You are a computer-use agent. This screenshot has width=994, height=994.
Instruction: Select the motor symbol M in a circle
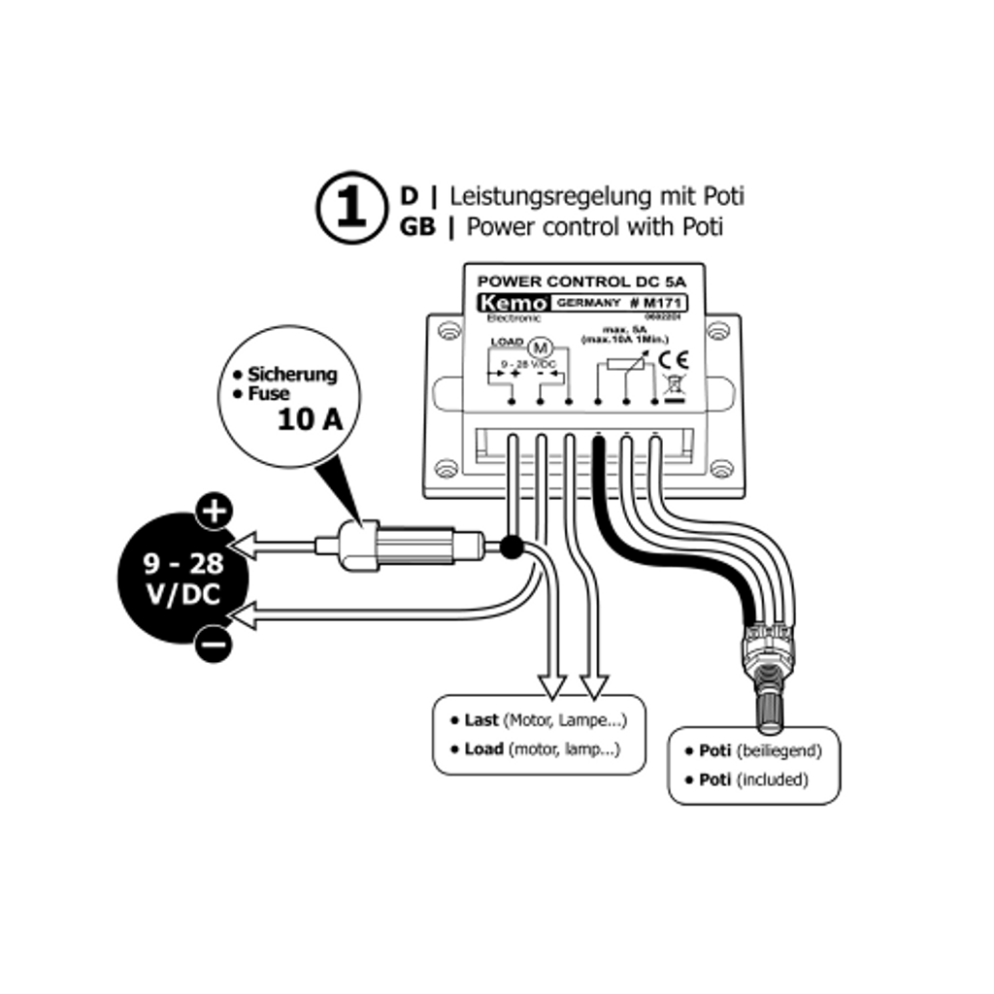tap(539, 346)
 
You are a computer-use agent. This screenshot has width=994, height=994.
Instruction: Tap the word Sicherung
tap(292, 374)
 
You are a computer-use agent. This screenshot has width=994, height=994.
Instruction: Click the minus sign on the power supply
tap(213, 643)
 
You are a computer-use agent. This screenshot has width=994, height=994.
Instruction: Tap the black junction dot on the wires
tap(512, 549)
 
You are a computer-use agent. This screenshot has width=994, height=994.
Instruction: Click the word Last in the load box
tap(481, 720)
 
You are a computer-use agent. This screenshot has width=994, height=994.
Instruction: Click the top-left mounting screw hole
tap(447, 331)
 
